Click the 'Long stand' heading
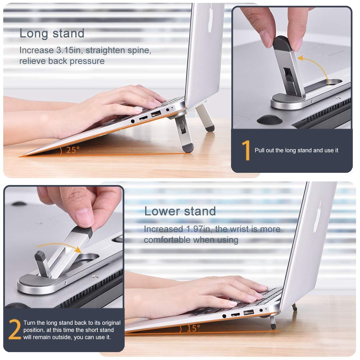(x=52, y=33)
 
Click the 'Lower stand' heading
(x=180, y=211)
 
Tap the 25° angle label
(x=73, y=150)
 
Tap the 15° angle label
(x=193, y=328)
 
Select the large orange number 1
(x=246, y=150)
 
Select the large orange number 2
(x=14, y=329)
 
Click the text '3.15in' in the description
(x=68, y=50)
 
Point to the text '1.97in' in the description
(x=198, y=229)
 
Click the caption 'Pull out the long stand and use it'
(x=296, y=151)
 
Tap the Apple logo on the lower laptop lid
(x=318, y=217)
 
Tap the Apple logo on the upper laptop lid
(x=210, y=18)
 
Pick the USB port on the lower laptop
(x=249, y=313)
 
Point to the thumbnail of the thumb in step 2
(x=84, y=217)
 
